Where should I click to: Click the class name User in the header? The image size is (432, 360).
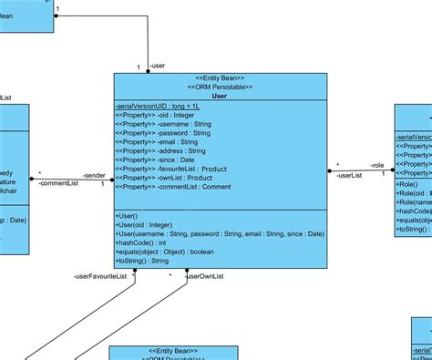219,96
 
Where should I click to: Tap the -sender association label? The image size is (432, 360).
94,174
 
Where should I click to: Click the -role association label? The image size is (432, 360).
376,165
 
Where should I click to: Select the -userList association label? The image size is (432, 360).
349,175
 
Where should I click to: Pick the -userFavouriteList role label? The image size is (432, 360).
99,275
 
